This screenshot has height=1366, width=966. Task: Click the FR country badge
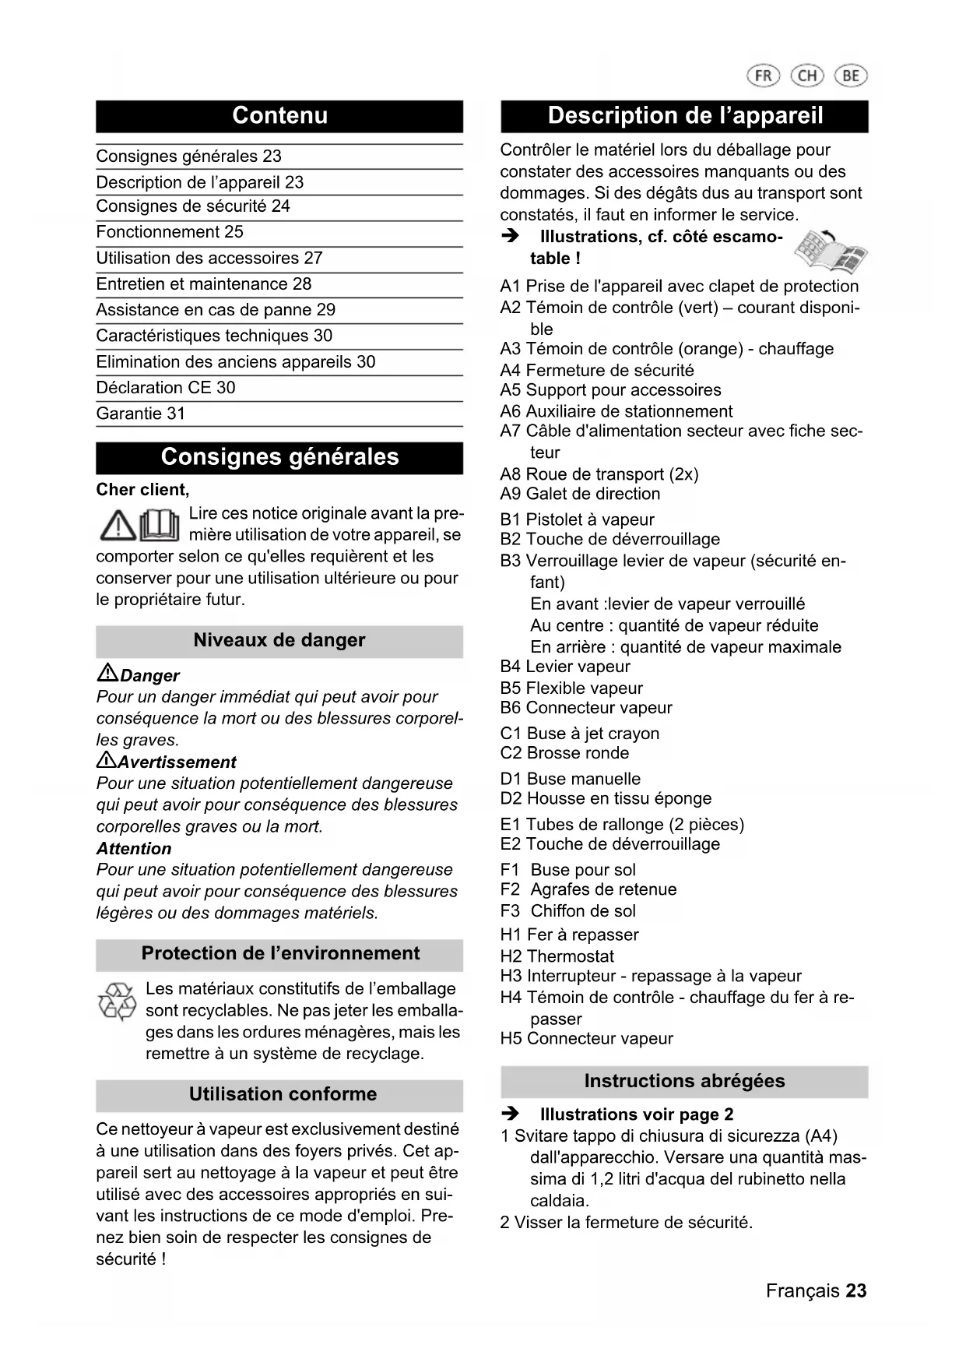763,76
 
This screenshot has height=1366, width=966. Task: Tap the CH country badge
807,76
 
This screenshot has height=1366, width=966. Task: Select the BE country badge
851,76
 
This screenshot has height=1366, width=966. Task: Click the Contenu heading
279,116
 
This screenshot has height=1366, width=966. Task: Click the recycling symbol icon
117,1002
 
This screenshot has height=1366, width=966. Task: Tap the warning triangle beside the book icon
118,526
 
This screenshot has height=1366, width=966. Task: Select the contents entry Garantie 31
141,414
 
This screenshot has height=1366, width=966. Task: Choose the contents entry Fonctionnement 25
170,232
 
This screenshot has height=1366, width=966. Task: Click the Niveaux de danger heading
279,640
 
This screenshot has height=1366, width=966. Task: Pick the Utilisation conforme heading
283,1094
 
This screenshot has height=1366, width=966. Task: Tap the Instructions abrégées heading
684,1081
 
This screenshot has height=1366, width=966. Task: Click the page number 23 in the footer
856,1290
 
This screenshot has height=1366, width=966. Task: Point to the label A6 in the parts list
511,411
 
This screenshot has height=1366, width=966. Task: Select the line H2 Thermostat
557,956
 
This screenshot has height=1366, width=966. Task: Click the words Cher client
142,490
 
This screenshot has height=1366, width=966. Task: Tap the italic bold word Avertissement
177,762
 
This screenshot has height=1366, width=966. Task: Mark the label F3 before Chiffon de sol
511,911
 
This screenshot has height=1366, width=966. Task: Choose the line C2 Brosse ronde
564,753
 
